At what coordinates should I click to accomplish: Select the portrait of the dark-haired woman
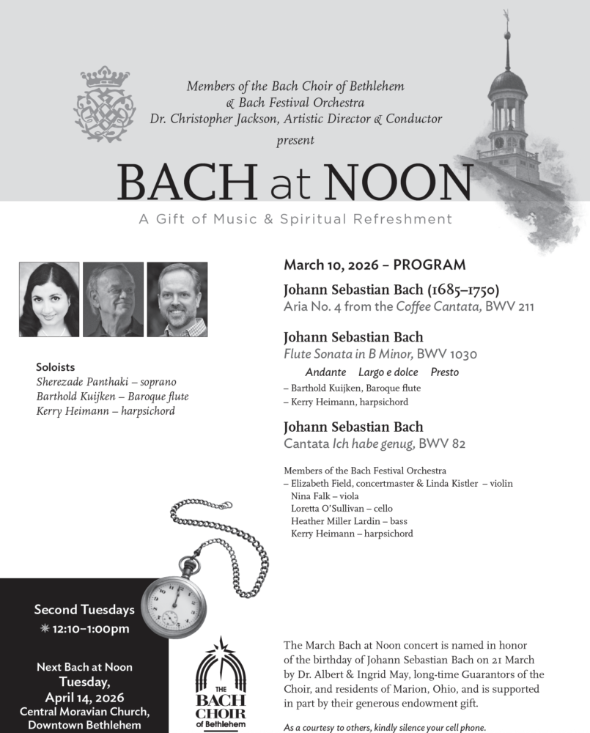(x=49, y=299)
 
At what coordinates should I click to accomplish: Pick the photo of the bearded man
(x=177, y=299)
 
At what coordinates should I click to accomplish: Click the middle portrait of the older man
(x=113, y=299)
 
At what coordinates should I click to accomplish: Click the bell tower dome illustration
(x=508, y=82)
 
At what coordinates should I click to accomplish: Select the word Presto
(x=444, y=372)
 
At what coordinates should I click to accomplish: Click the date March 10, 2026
(x=329, y=265)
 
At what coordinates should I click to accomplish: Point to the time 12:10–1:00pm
(x=91, y=628)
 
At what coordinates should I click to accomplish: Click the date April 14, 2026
(x=85, y=697)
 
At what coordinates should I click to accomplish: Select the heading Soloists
(x=55, y=367)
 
